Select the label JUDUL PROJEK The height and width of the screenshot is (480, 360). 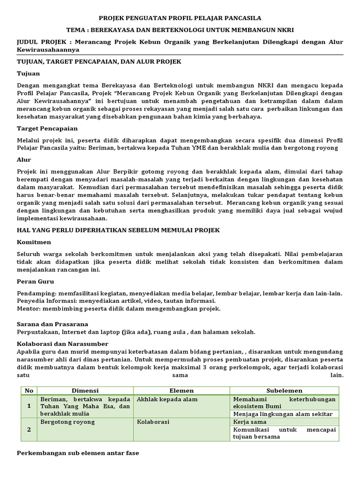tap(41, 42)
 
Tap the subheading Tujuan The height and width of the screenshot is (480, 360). tap(28, 74)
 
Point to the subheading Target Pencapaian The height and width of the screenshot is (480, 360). tap(47, 128)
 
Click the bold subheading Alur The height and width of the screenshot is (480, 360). tap(24, 159)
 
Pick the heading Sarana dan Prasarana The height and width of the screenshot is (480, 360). tap(52, 324)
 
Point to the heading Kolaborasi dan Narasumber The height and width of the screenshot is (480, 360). tap(62, 344)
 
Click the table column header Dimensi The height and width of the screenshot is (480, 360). tap(85, 390)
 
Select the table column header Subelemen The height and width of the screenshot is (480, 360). tap(284, 390)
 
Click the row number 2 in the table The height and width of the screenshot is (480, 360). tap(29, 429)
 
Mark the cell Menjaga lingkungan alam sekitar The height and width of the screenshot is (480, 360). tap(283, 414)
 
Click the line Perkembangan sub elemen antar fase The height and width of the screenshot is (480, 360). tap(78, 453)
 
